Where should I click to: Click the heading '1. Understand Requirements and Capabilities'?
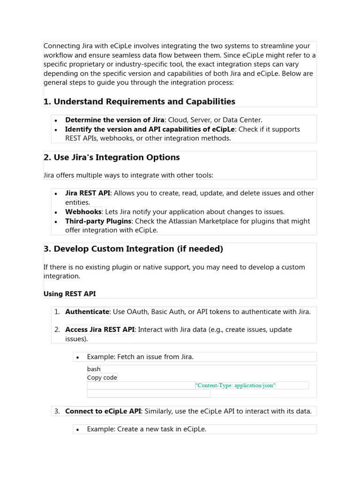139,102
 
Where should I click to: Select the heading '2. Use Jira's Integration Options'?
112,157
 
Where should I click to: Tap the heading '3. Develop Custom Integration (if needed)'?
133,249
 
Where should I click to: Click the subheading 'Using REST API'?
69,294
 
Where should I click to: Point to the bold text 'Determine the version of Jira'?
114,120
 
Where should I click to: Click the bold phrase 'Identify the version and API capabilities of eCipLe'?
150,129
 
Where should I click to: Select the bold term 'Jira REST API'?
88,193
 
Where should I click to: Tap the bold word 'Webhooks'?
83,212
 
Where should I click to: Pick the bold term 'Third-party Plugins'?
98,221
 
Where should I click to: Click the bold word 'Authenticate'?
87,312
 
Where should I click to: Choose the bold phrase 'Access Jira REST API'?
99,330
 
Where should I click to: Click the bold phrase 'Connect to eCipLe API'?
103,411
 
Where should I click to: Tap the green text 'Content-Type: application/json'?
235,385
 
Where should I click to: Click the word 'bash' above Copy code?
94,369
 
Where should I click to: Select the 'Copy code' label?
102,377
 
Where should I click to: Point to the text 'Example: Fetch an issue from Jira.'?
140,357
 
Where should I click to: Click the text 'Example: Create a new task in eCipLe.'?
146,429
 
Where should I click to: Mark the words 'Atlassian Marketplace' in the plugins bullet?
207,221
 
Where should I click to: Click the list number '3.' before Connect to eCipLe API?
57,411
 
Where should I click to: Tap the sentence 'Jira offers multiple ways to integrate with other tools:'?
128,175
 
